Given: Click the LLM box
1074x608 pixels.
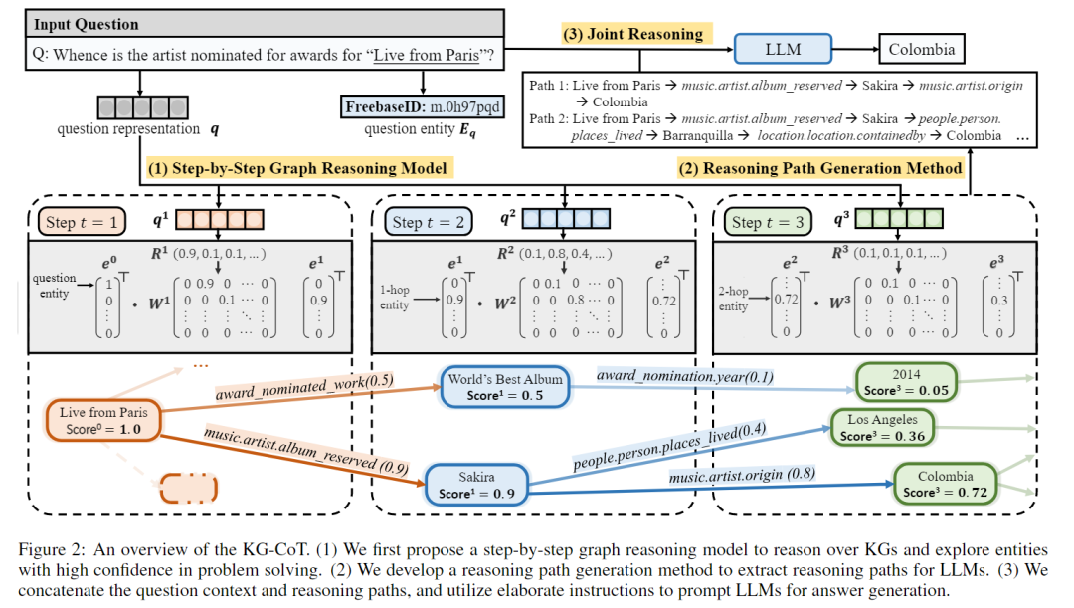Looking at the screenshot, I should [x=782, y=48].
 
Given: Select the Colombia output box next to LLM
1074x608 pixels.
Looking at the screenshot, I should [x=921, y=48].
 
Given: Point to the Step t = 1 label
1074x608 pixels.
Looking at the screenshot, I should [x=81, y=221].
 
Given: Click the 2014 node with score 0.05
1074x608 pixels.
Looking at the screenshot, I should [x=907, y=382].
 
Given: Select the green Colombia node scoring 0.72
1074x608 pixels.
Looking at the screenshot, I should [x=945, y=484].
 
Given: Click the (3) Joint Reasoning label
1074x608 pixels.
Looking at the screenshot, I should [x=632, y=33].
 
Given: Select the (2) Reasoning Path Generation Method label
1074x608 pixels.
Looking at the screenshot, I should [x=820, y=168].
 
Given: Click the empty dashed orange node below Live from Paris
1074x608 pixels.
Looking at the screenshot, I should [x=188, y=489].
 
